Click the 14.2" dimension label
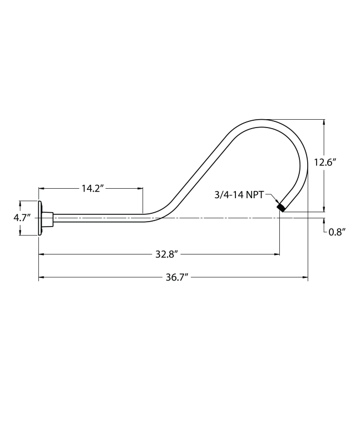[x=91, y=188]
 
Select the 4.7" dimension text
[x=22, y=218]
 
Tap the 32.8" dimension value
[x=166, y=254]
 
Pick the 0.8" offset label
[x=337, y=232]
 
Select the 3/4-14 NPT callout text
[x=239, y=194]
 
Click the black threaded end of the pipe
[x=282, y=207]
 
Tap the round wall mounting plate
[x=40, y=218]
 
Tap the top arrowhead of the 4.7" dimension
[x=21, y=203]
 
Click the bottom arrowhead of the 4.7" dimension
[x=21, y=233]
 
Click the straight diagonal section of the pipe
[x=198, y=170]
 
